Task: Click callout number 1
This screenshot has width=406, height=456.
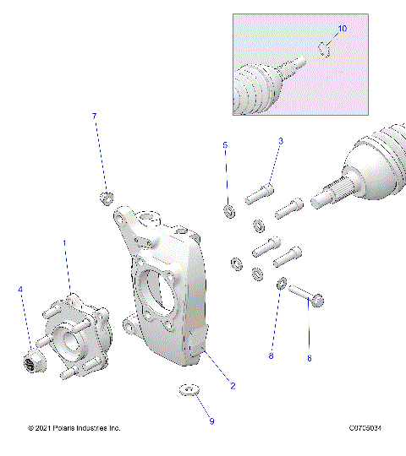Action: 64,242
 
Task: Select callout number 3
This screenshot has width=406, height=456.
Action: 281,141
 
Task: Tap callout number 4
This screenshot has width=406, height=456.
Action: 20,290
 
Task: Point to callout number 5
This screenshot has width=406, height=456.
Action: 225,145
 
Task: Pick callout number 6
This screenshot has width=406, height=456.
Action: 309,358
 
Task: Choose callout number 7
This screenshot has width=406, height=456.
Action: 95,116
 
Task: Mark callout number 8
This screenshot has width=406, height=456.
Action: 271,356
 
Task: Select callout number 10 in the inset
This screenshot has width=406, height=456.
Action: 342,29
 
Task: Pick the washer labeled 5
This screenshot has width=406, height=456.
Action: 228,209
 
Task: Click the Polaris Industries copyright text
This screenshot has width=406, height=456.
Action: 74,428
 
